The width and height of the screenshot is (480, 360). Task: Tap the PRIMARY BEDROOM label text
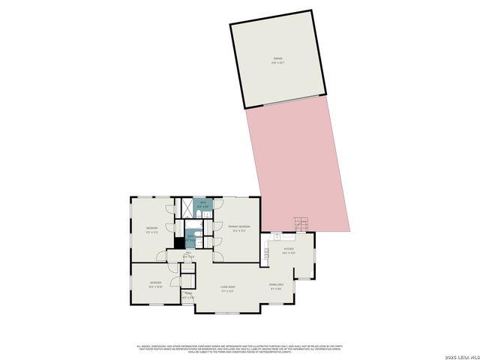click(x=239, y=227)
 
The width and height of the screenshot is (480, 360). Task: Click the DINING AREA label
click(x=276, y=286)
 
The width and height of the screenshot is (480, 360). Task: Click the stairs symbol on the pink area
click(x=300, y=223)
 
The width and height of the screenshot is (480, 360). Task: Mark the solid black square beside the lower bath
click(x=179, y=241)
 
